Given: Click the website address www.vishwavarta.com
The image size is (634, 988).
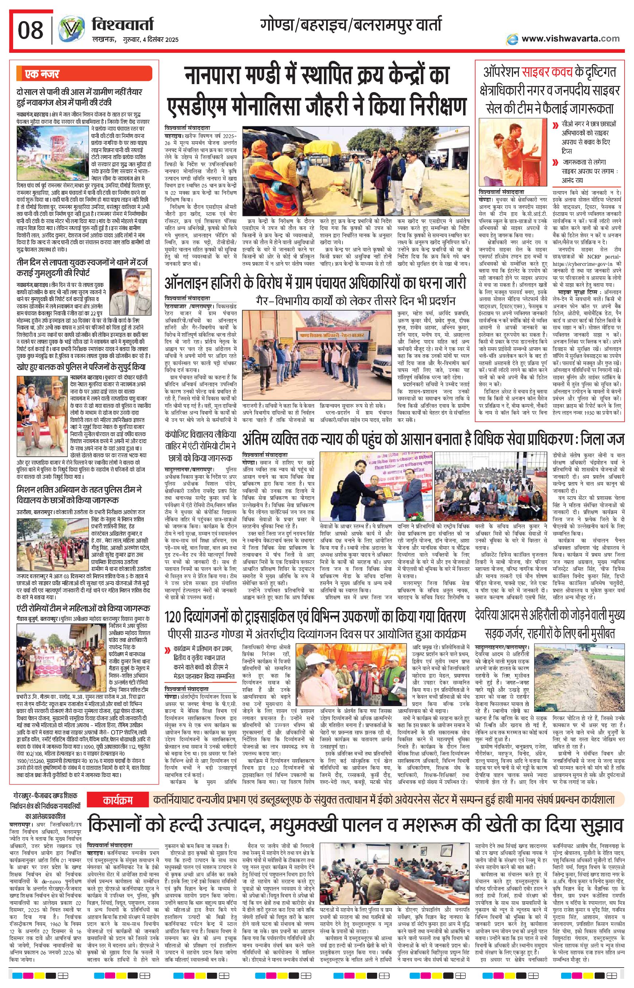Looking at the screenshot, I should pyautogui.click(x=570, y=39).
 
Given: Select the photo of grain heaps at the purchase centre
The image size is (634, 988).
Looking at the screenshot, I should pyautogui.click(x=356, y=170).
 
